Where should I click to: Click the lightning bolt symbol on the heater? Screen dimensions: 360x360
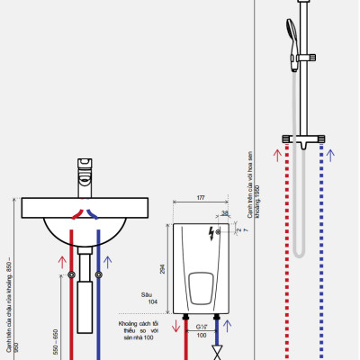pyautogui.click(x=212, y=237)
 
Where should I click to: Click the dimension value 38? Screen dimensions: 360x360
pyautogui.click(x=224, y=213)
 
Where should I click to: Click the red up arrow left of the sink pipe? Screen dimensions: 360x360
pyautogui.click(x=61, y=265)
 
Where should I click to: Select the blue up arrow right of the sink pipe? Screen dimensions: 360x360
pyautogui.click(x=108, y=263)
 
